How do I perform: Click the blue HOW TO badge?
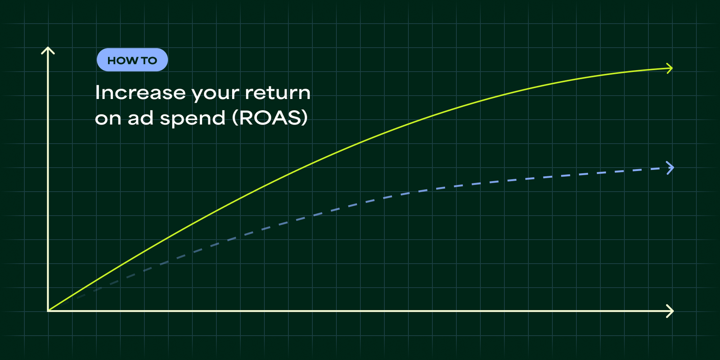pos(132,60)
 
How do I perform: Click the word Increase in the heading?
pos(140,93)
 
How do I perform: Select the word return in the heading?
pos(278,93)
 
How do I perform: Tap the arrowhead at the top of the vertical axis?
pos(48,49)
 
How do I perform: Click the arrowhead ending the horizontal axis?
pos(670,310)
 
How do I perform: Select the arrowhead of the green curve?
pos(670,68)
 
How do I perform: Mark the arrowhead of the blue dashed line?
pos(670,168)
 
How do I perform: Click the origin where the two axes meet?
pos(48,310)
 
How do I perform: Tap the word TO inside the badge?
pos(149,60)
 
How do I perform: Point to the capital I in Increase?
pos(98,92)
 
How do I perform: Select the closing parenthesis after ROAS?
pos(305,118)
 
